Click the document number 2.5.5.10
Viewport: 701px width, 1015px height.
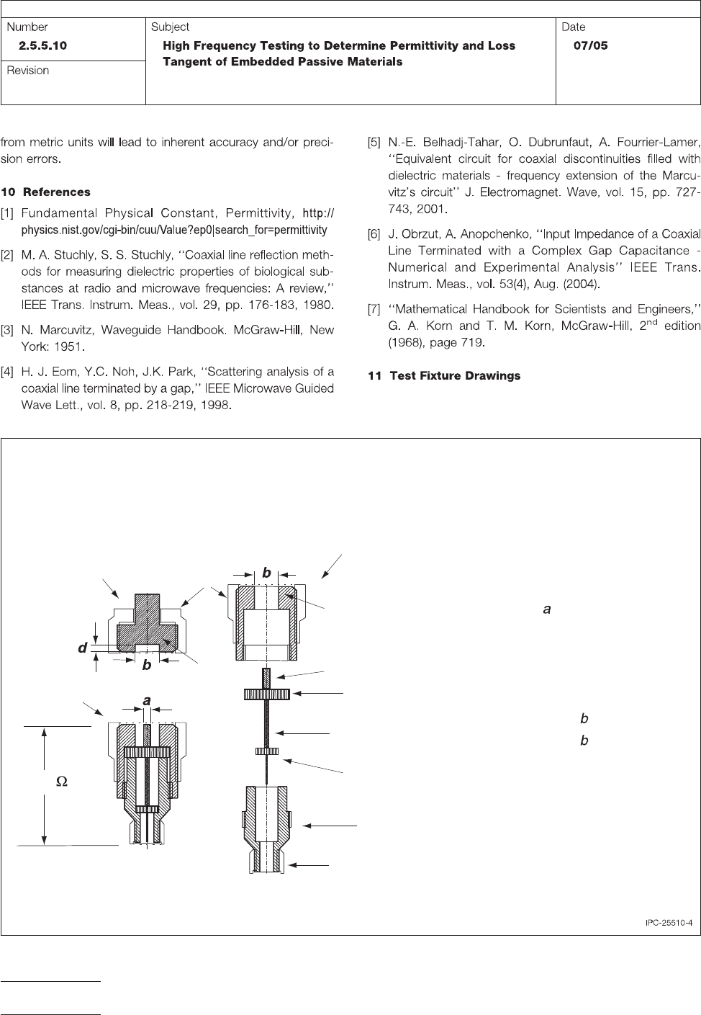coord(48,45)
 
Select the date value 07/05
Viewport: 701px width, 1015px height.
coord(590,45)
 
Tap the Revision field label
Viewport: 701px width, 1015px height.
coord(28,71)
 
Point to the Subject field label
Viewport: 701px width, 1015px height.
coord(170,27)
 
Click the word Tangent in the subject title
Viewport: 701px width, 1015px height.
coord(186,62)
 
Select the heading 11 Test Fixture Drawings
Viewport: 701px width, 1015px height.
coord(444,376)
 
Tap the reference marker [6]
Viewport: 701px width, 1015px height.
coord(374,234)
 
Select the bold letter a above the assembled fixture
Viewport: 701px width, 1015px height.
coord(147,700)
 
